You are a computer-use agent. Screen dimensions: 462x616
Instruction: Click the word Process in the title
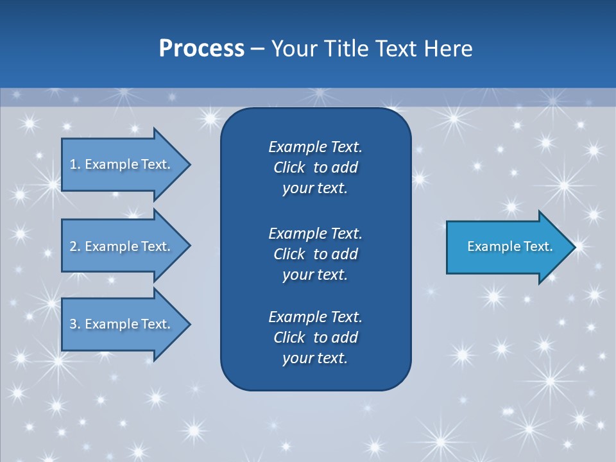click(x=201, y=49)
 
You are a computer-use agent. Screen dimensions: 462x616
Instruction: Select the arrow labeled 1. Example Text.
click(x=122, y=164)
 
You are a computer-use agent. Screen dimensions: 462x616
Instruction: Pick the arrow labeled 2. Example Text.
click(x=122, y=246)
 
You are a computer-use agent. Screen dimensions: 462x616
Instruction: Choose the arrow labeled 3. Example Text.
click(x=122, y=324)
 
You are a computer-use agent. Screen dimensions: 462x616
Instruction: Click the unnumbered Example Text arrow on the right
click(x=509, y=246)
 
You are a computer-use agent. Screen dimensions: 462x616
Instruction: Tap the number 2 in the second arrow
click(x=73, y=246)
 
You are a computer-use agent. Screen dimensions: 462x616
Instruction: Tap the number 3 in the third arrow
click(x=73, y=324)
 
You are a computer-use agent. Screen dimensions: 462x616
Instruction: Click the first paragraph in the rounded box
click(x=315, y=167)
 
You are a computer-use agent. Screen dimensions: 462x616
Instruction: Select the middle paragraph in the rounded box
click(x=315, y=253)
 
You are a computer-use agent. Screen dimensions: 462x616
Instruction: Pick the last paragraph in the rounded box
click(x=315, y=338)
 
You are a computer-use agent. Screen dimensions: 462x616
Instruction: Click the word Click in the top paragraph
click(x=289, y=167)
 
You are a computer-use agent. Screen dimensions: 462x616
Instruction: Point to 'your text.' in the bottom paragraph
click(x=315, y=358)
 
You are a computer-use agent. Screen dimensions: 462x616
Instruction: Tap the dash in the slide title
click(x=258, y=49)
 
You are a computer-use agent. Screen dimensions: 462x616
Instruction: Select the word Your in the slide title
click(x=293, y=49)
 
